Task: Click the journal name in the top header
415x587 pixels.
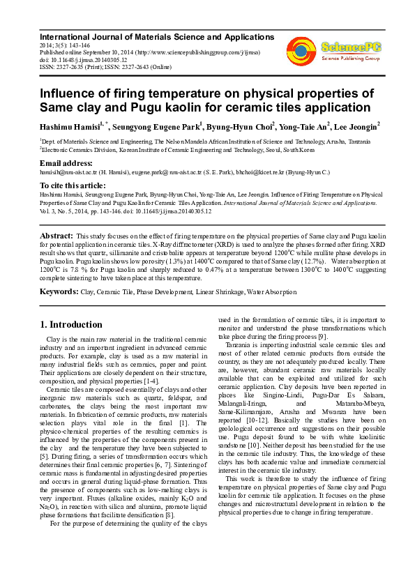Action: pos(157,36)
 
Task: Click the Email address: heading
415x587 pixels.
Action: pos(67,162)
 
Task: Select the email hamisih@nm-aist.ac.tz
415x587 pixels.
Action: pos(68,171)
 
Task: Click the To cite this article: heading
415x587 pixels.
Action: pos(73,185)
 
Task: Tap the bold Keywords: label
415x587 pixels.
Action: pos(59,291)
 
